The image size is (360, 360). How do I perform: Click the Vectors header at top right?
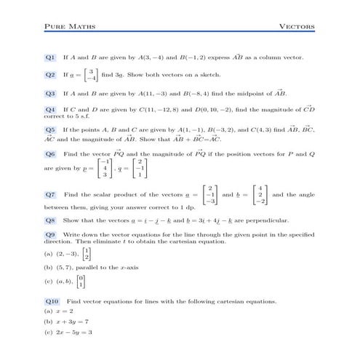click(297, 27)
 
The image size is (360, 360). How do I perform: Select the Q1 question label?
click(50, 57)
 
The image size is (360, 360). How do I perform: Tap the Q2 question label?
click(50, 75)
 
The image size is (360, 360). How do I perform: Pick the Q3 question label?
click(50, 94)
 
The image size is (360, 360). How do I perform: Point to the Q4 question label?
click(50, 110)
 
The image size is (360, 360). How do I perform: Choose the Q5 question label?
click(50, 129)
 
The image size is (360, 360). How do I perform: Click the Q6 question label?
click(50, 154)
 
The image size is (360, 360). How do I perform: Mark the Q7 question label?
click(50, 195)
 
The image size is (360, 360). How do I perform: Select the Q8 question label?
click(50, 220)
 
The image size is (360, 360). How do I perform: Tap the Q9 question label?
click(50, 236)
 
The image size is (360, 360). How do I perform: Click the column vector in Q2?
click(90, 75)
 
